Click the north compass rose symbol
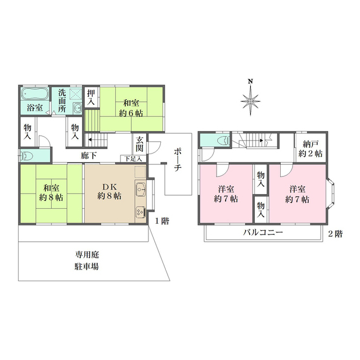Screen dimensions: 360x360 251,100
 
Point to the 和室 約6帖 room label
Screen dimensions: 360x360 131,107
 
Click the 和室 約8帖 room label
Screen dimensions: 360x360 51,192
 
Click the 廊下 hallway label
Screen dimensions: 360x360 88,155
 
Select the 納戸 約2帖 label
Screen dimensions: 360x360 311,148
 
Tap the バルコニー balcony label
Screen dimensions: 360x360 263,232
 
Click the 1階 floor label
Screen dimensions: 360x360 162,220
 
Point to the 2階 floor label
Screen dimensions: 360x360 335,233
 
